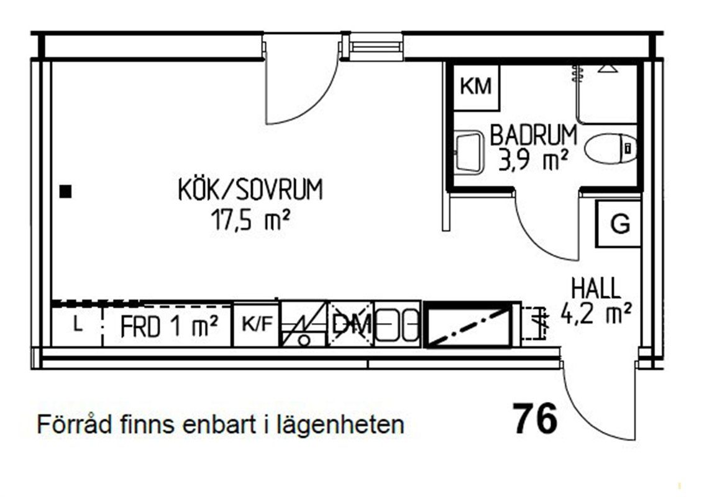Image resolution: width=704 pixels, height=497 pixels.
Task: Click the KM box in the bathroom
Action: (x=476, y=87)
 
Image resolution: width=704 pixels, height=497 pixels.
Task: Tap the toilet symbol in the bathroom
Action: (x=611, y=148)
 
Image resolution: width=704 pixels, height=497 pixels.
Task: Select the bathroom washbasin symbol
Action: (x=468, y=152)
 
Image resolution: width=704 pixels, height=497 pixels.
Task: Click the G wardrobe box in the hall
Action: (x=618, y=224)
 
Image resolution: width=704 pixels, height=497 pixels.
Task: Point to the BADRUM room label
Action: (x=533, y=135)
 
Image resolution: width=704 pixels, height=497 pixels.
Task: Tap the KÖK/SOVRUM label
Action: (x=250, y=189)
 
